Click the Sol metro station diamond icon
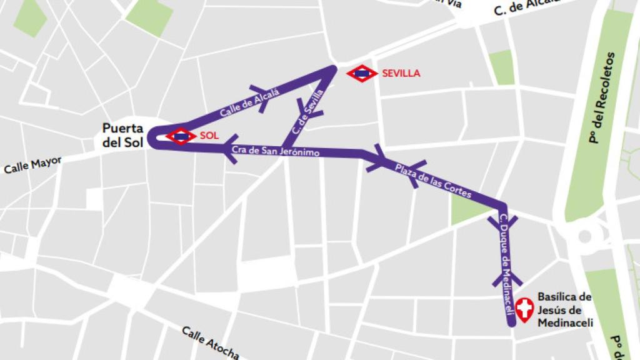pyautogui.click(x=181, y=136)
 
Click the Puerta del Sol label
pyautogui.click(x=123, y=136)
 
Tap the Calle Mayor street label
pyautogui.click(x=32, y=165)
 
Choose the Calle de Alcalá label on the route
pyautogui.click(x=249, y=102)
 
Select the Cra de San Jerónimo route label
pyautogui.click(x=276, y=151)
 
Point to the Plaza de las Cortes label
pyautogui.click(x=433, y=180)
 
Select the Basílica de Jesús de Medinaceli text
pyautogui.click(x=564, y=309)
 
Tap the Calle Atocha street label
pyautogui.click(x=211, y=342)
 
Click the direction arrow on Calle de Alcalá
pyautogui.click(x=260, y=99)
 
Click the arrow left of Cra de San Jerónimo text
pyautogui.click(x=229, y=150)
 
